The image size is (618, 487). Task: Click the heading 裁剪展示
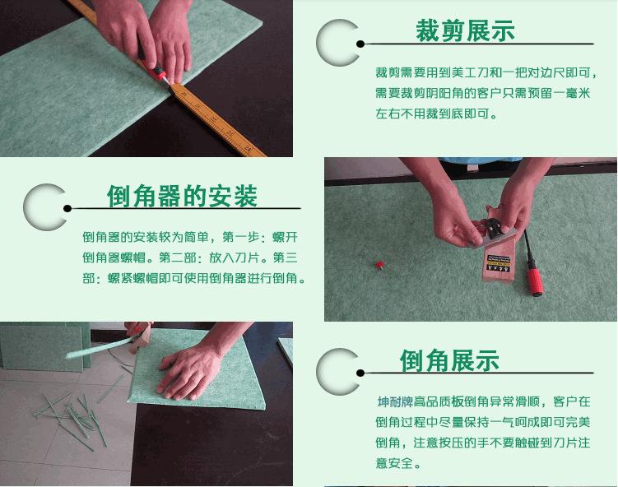tap(465, 30)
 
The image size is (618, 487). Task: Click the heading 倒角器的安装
tap(182, 196)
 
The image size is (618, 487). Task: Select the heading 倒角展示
tap(449, 360)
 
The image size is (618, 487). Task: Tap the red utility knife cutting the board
tap(156, 70)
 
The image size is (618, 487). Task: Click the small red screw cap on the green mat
tap(379, 265)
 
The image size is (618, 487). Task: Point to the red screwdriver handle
tap(536, 281)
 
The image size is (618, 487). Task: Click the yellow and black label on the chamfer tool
tap(498, 263)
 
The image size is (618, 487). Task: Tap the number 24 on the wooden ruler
tap(247, 149)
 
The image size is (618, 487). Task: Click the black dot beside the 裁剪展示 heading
tap(360, 44)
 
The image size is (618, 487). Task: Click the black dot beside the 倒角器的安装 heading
tap(67, 208)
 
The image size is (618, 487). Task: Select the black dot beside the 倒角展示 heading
tap(360, 373)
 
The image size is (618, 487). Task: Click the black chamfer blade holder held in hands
tap(493, 227)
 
